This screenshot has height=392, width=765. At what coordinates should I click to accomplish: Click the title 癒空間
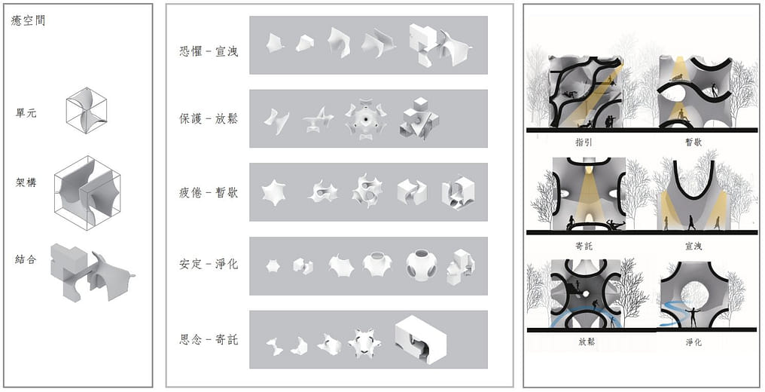[x=28, y=21]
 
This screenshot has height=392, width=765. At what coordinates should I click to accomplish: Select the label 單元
[x=26, y=113]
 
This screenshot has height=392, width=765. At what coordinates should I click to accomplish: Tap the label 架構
[x=26, y=182]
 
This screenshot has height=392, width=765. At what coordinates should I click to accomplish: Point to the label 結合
[x=26, y=259]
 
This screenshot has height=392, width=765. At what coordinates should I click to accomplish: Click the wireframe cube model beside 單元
[x=87, y=110]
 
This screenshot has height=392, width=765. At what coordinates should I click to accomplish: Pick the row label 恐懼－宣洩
[x=209, y=51]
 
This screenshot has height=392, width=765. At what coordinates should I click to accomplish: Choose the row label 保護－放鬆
[x=209, y=118]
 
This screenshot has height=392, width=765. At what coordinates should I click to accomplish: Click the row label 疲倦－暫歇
[x=209, y=192]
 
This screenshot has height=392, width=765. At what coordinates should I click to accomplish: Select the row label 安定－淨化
[x=209, y=264]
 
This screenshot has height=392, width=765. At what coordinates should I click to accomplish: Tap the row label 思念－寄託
[x=209, y=339]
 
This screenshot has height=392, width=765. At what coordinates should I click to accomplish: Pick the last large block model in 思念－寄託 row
[x=420, y=340]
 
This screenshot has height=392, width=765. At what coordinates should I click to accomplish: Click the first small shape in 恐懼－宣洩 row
[x=275, y=42]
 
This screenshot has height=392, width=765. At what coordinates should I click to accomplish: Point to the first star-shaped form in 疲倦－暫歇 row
[x=274, y=192]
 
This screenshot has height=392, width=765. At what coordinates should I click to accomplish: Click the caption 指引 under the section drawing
[x=584, y=142]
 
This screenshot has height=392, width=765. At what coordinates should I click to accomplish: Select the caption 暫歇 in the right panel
[x=693, y=142]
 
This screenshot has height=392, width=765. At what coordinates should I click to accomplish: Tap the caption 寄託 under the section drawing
[x=584, y=246]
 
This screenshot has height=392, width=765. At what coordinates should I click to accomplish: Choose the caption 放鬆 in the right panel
[x=586, y=341]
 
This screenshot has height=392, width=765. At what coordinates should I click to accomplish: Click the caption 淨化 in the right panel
[x=693, y=341]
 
